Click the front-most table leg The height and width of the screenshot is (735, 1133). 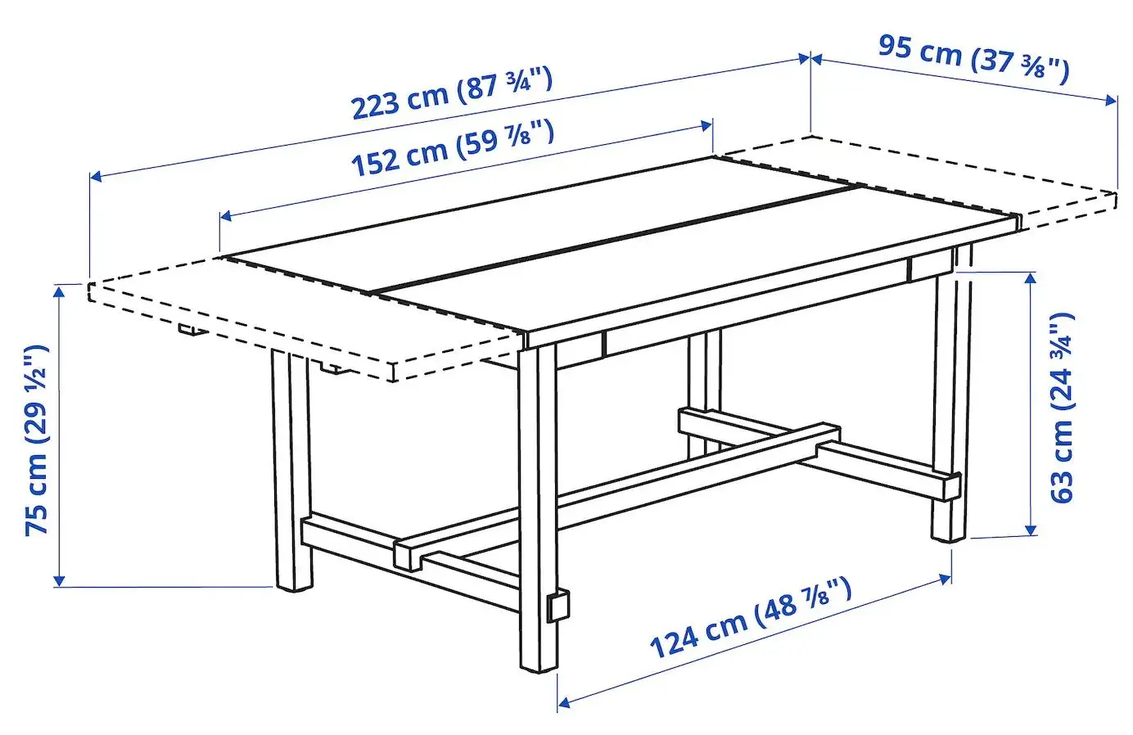537,507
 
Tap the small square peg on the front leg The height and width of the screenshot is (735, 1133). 558,606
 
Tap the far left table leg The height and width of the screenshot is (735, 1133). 291,475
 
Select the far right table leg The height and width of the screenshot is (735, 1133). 950,409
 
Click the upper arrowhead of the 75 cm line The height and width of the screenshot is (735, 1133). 58,288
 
